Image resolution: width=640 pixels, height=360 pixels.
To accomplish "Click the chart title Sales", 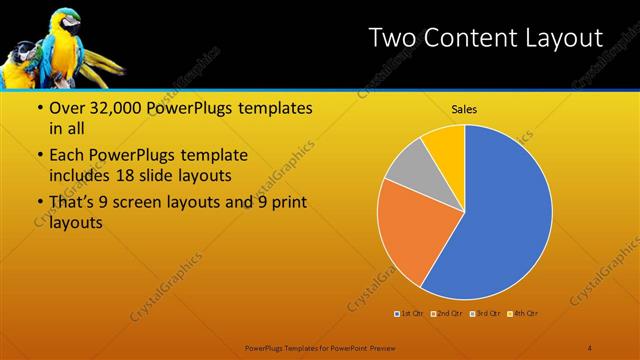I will tap(465, 109).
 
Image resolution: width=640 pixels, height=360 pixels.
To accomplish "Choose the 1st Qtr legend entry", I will tap(408, 315).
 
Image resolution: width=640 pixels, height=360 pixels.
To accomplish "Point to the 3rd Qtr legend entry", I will tap(484, 315).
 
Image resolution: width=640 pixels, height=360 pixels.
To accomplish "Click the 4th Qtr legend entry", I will tap(522, 315).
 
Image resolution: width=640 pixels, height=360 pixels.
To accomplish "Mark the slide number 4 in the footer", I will tap(589, 347).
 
